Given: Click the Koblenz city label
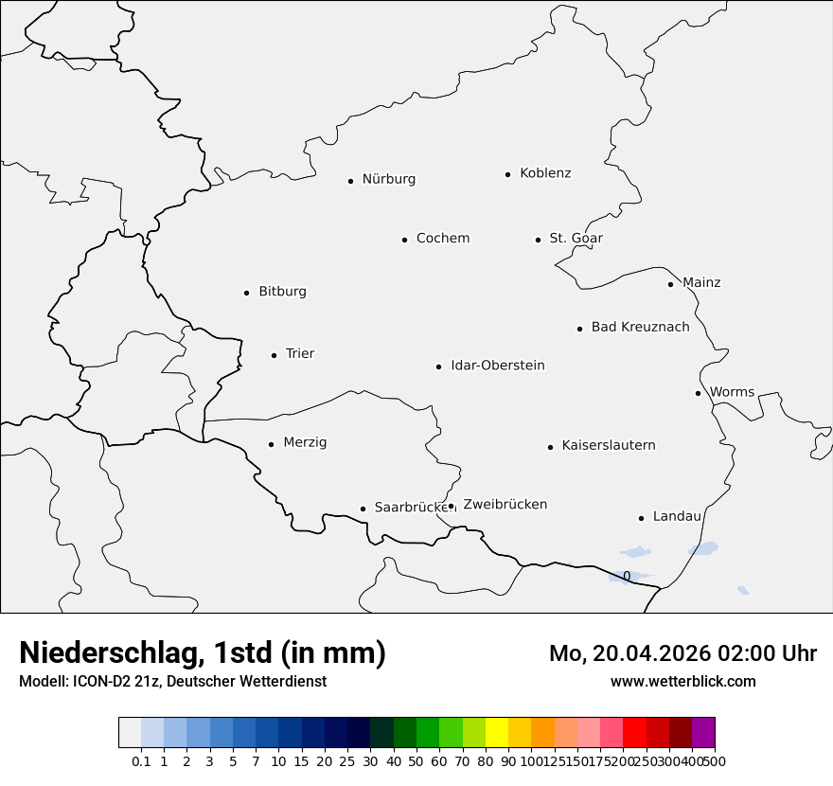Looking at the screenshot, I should (545, 173).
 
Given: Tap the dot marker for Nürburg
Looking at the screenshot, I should (350, 181).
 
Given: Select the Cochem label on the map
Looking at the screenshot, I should (443, 239).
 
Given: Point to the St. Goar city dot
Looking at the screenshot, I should (538, 240).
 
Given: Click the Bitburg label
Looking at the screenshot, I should (282, 292).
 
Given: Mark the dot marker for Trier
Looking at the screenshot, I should (274, 355).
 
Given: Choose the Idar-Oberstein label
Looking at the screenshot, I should (498, 366).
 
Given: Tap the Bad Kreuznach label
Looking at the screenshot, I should (640, 328).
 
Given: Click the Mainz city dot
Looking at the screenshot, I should (670, 284).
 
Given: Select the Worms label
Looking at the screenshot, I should (732, 392).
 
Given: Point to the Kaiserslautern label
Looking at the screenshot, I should (609, 445).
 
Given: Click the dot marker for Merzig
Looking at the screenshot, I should (271, 444).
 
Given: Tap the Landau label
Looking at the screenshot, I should (677, 517).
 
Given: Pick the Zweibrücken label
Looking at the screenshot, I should (505, 505).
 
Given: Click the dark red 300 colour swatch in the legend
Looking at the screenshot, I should (681, 733).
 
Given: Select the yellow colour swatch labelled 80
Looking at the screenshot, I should (497, 733).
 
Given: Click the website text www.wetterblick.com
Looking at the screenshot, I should (682, 681).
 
